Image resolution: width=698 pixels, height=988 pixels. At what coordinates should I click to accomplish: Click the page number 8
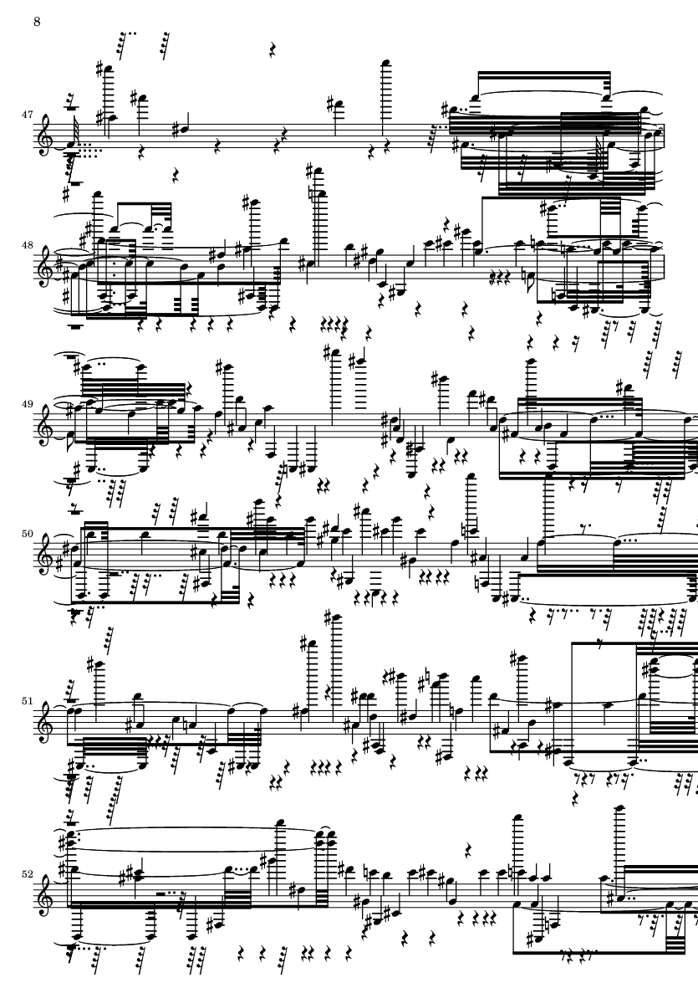(37, 21)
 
